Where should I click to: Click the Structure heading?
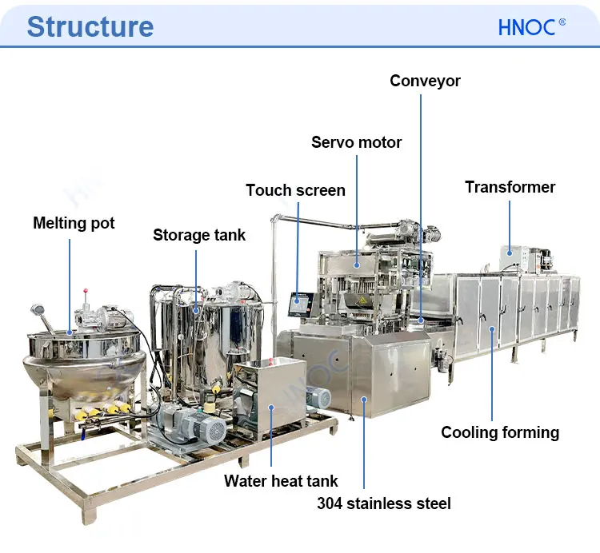[x=90, y=26]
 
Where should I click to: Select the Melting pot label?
[x=74, y=223]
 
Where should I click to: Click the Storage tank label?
[x=199, y=235]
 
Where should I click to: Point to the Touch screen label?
[x=295, y=190]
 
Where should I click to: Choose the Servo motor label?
[x=356, y=142]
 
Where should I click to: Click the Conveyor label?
[x=425, y=81]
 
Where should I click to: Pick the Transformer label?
[x=510, y=187]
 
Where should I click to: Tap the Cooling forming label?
[x=500, y=432]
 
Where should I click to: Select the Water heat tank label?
[x=281, y=480]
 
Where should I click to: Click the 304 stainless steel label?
[x=384, y=503]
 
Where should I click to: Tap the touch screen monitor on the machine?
[x=300, y=303]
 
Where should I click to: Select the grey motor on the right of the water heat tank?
[x=319, y=399]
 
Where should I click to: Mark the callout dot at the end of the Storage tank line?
[x=196, y=307]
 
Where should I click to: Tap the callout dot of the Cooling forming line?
[x=491, y=328]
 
